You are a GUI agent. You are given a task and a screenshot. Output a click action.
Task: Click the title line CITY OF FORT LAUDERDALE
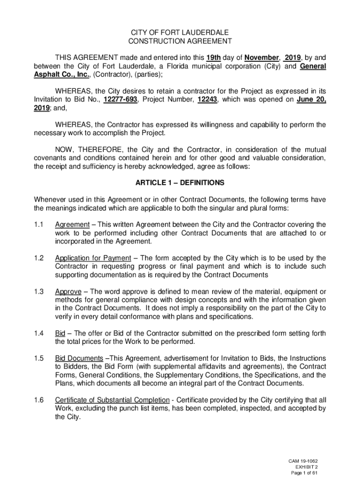180,32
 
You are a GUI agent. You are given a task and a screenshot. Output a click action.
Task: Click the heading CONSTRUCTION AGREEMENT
180,41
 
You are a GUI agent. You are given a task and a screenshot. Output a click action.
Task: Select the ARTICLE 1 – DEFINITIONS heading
180,182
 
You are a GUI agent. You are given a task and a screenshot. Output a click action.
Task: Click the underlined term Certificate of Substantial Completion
112,400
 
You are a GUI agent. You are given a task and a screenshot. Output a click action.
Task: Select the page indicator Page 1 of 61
304,473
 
